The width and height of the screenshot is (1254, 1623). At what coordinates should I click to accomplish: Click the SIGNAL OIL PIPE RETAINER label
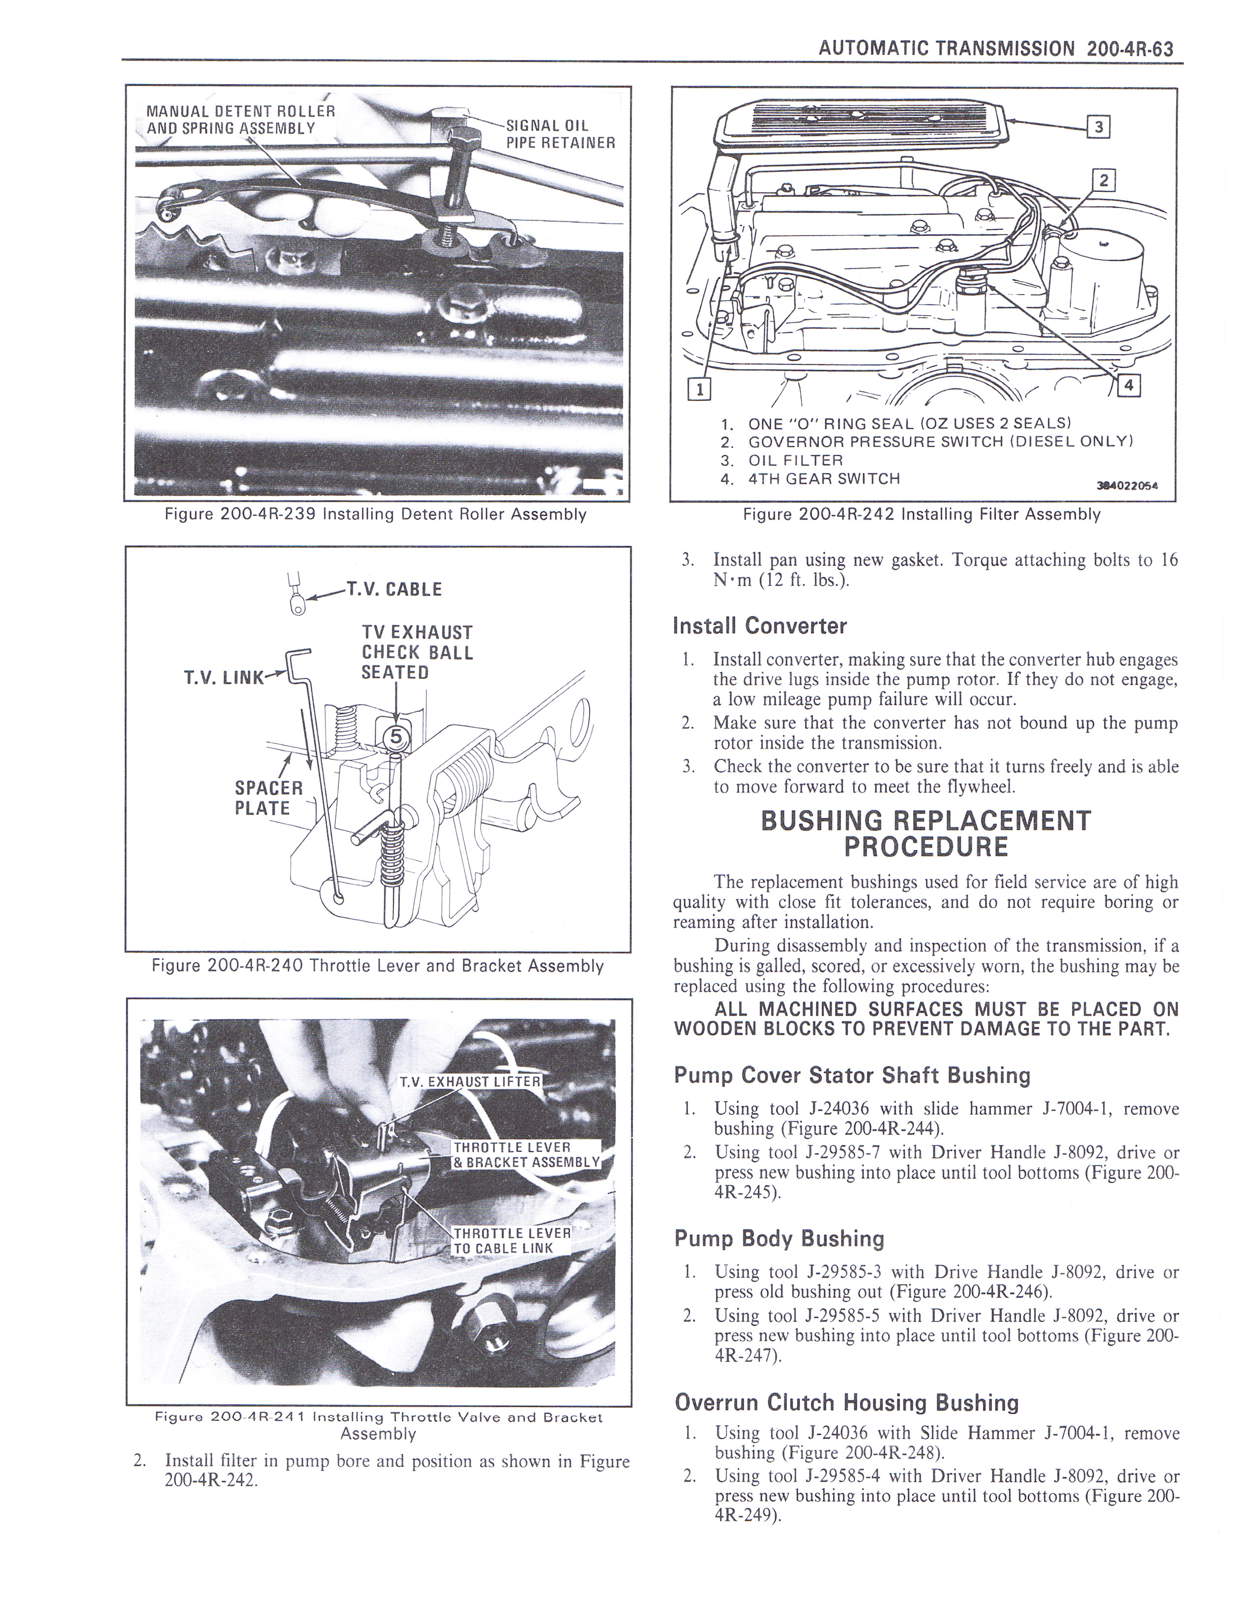tap(560, 134)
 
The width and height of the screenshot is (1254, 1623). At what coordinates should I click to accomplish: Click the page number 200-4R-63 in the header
tap(1129, 49)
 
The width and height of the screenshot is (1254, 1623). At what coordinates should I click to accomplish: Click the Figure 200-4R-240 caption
tap(377, 965)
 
